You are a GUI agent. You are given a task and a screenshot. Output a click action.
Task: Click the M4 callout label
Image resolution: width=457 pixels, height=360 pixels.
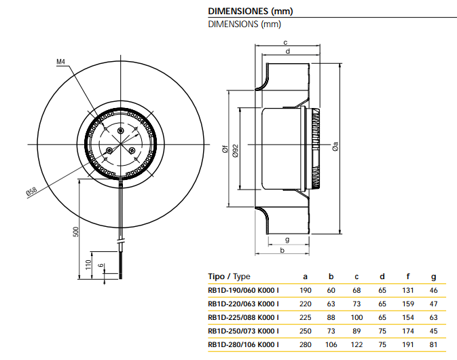point(60,62)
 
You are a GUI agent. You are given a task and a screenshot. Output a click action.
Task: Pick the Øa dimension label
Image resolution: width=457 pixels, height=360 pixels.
point(335,145)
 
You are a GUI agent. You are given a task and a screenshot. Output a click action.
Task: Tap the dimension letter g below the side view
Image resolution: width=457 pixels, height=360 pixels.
point(287,239)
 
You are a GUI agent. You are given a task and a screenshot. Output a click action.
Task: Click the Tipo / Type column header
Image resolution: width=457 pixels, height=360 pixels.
point(230,276)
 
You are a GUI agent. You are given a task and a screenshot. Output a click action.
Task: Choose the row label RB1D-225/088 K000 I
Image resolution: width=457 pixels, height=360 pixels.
point(243,317)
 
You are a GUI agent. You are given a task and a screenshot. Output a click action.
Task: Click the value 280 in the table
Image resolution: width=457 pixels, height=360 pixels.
point(305,344)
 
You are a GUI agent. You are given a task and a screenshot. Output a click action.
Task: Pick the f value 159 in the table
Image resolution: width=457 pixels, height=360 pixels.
point(408,304)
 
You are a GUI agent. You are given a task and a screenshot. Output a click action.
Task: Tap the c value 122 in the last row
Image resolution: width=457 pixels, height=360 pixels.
point(356,344)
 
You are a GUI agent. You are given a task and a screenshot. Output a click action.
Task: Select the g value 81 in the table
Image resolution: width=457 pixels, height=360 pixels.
point(434,344)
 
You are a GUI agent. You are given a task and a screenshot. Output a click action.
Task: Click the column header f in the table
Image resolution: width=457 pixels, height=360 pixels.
point(408,276)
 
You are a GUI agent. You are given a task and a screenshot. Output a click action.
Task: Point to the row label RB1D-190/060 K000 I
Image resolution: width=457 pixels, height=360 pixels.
point(243,290)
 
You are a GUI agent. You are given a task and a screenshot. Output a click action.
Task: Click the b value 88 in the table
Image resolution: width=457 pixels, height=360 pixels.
point(331,317)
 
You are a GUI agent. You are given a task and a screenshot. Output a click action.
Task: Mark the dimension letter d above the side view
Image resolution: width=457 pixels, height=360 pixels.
point(289,52)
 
